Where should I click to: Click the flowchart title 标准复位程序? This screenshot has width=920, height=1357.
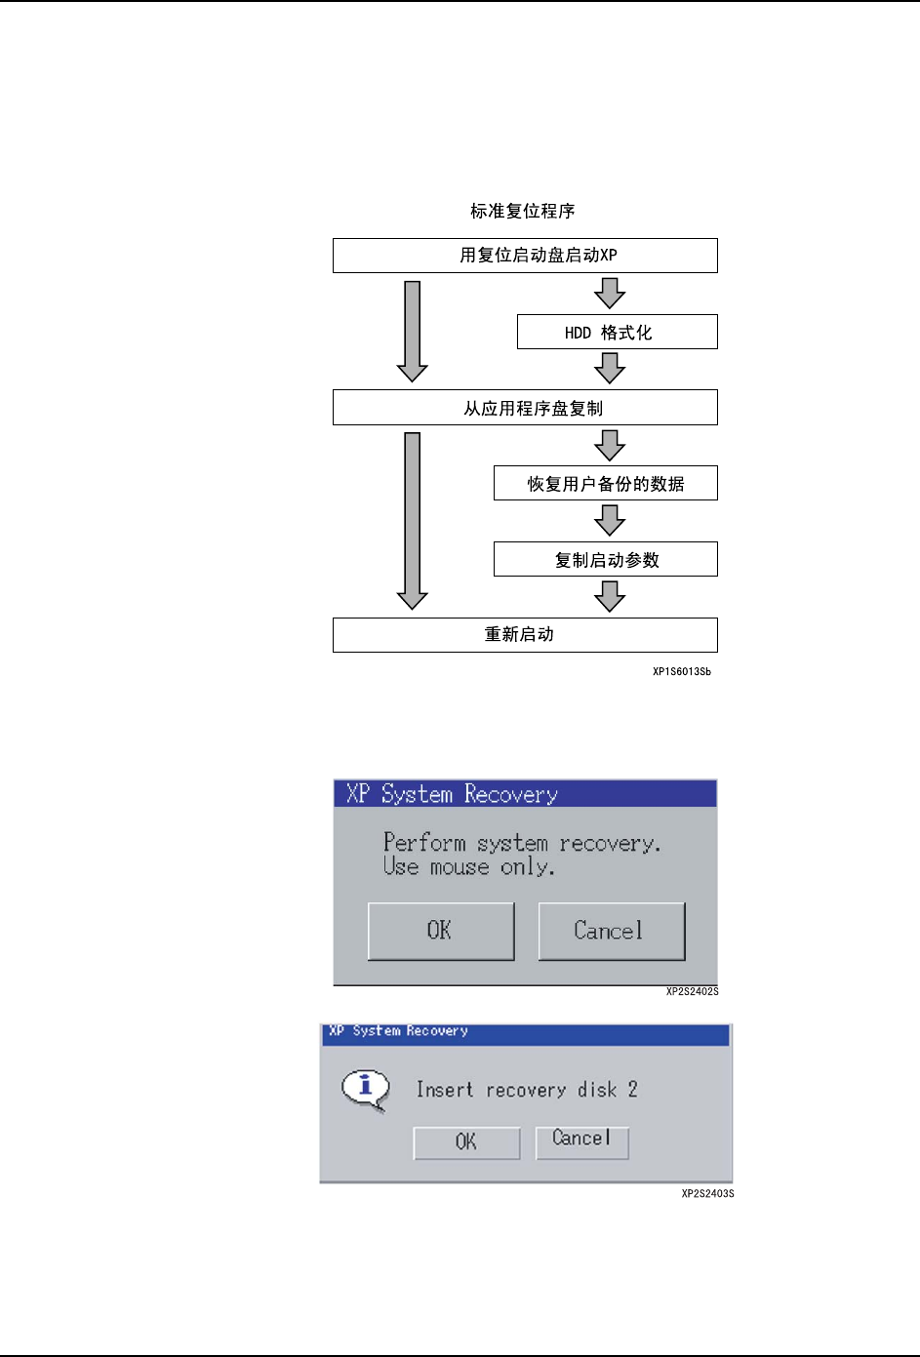522,211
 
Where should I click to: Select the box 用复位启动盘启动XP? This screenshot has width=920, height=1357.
525,256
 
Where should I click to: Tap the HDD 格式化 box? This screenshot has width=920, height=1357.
617,332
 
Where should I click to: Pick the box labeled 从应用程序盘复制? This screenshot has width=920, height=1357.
525,408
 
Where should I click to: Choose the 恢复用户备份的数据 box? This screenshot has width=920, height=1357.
605,483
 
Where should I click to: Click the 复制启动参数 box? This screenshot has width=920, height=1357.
605,559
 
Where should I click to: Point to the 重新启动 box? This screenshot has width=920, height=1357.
525,635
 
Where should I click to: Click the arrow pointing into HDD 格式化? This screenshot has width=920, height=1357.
610,293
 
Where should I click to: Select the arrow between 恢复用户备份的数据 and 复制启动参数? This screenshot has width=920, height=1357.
610,520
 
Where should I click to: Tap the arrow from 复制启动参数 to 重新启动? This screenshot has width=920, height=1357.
610,596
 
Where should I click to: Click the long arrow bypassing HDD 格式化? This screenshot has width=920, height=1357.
413,331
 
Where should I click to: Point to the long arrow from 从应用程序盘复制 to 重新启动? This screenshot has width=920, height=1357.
413,520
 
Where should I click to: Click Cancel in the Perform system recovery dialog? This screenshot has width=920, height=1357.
612,931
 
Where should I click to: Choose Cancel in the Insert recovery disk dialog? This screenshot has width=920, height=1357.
581,1139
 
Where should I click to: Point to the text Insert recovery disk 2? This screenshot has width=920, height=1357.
527,1090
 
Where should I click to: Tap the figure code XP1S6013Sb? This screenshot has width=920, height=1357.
682,671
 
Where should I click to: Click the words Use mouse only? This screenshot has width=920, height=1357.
468,867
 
